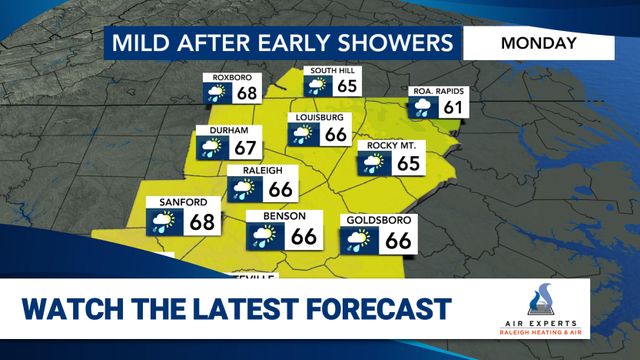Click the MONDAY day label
pyautogui.click(x=538, y=43)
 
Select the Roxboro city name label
pyautogui.click(x=227, y=78)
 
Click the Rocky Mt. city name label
pyautogui.click(x=389, y=146)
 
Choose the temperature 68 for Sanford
pyautogui.click(x=202, y=222)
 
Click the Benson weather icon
pyautogui.click(x=266, y=236)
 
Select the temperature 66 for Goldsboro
pyautogui.click(x=397, y=240)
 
